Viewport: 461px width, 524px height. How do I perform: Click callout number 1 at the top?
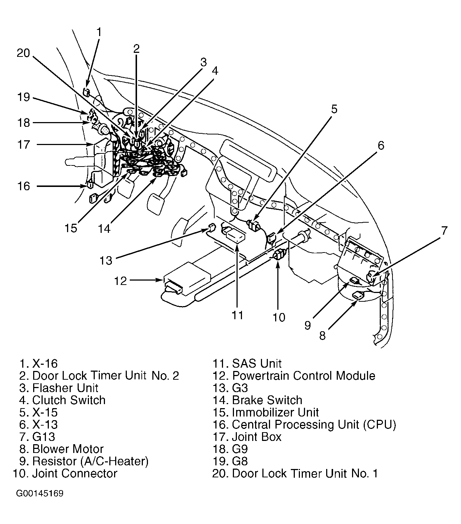pyautogui.click(x=98, y=32)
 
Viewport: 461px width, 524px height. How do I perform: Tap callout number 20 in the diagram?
pyautogui.click(x=23, y=53)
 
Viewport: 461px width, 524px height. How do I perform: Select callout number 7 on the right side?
pyautogui.click(x=444, y=231)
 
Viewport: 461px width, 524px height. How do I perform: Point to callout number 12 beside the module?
pyautogui.click(x=120, y=281)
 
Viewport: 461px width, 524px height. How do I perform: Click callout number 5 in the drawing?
pyautogui.click(x=334, y=109)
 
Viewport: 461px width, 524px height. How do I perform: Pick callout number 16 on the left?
pyautogui.click(x=24, y=186)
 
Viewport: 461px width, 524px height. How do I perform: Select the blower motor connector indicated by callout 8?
pyautogui.click(x=359, y=296)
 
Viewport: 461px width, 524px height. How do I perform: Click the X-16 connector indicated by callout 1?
pyautogui.click(x=87, y=92)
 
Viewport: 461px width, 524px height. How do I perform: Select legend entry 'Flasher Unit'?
pyautogui.click(x=65, y=388)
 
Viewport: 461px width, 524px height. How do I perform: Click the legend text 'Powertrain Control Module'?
pyautogui.click(x=303, y=375)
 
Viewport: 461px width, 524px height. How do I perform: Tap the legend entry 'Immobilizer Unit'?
pyautogui.click(x=275, y=412)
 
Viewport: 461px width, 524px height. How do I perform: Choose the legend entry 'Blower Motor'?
pyautogui.click(x=68, y=449)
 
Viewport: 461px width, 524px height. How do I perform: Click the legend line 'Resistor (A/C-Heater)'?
pyautogui.click(x=90, y=461)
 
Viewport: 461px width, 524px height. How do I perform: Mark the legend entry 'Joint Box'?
pyautogui.click(x=257, y=437)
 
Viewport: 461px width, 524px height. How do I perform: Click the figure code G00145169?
pyautogui.click(x=40, y=494)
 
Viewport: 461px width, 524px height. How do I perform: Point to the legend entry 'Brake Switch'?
pyautogui.click(x=267, y=400)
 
